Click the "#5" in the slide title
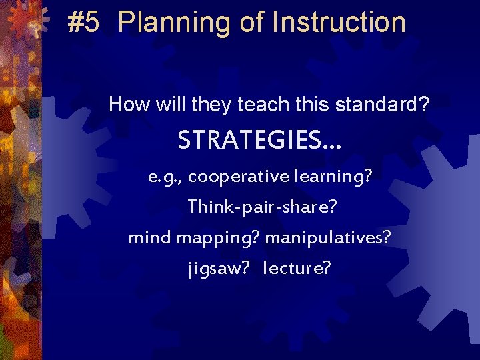click(x=84, y=23)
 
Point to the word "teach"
click(x=250, y=105)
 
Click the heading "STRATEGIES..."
click(x=259, y=141)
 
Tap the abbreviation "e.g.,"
click(x=166, y=177)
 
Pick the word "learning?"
click(x=332, y=177)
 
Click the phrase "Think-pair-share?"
click(x=261, y=207)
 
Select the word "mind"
click(x=149, y=238)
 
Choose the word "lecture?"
click(x=297, y=269)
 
